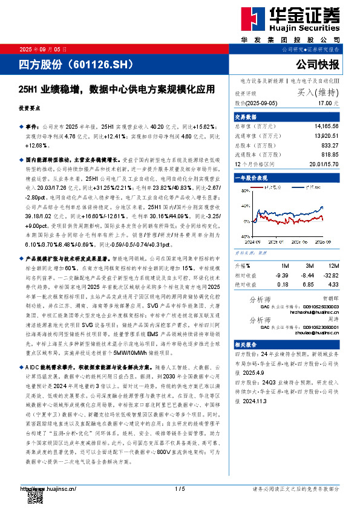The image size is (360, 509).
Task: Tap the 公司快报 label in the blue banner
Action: tap(318, 64)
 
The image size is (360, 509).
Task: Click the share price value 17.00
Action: tap(330, 104)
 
